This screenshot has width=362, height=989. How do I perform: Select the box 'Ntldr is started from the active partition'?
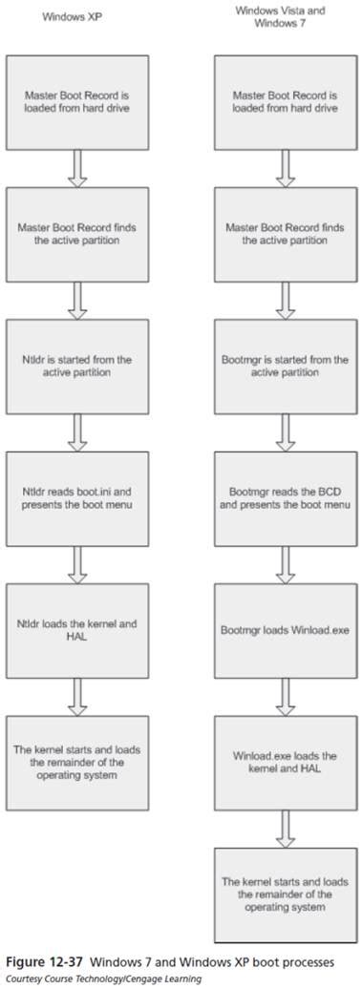tap(77, 367)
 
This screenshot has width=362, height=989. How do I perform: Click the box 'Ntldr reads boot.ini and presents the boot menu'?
tap(77, 498)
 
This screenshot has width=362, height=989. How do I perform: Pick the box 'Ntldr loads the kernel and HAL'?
tap(77, 630)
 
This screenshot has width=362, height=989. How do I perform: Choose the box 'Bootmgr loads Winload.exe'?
tap(285, 630)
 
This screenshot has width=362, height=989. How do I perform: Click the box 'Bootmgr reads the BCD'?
tap(285, 498)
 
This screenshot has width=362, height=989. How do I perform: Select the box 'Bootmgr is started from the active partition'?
tap(285, 367)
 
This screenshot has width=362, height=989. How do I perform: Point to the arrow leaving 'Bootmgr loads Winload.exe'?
tap(285, 696)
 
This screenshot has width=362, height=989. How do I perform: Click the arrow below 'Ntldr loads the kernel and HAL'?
tap(77, 696)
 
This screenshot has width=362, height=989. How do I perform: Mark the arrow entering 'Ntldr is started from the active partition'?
tap(77, 300)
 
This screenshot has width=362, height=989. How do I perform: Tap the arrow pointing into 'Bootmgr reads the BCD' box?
tap(285, 432)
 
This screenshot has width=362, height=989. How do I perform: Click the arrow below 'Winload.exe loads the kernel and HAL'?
tap(285, 829)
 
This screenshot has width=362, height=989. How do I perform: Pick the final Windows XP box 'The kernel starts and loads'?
tap(77, 763)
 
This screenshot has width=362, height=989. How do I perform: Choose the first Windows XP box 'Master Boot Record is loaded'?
tap(77, 102)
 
